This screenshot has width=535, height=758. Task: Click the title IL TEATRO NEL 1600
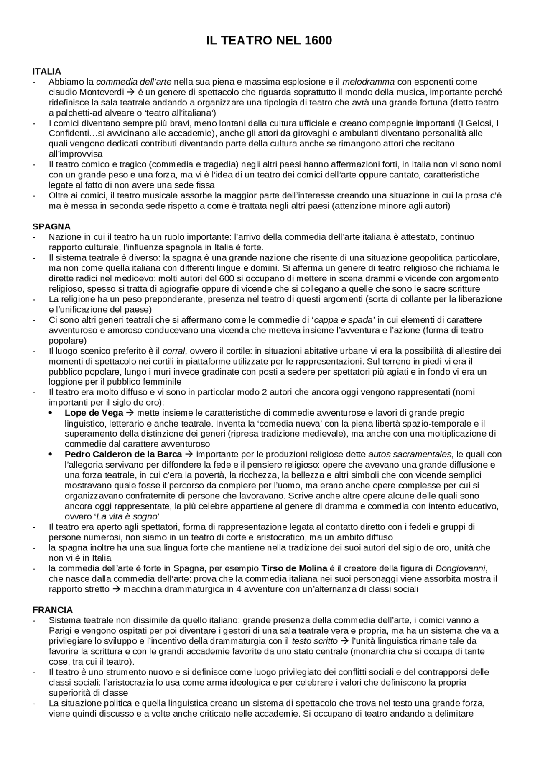click(x=269, y=41)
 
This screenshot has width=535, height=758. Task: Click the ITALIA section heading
click(x=47, y=71)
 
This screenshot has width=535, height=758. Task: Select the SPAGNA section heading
click(x=51, y=226)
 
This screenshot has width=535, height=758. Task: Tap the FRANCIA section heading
click(x=53, y=609)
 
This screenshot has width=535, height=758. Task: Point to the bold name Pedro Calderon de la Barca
click(x=123, y=454)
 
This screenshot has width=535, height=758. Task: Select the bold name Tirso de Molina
click(x=294, y=568)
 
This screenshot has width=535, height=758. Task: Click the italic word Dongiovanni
click(x=460, y=568)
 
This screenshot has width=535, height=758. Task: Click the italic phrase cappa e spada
click(x=343, y=320)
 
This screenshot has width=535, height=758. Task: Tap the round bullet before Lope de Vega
click(x=51, y=413)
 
